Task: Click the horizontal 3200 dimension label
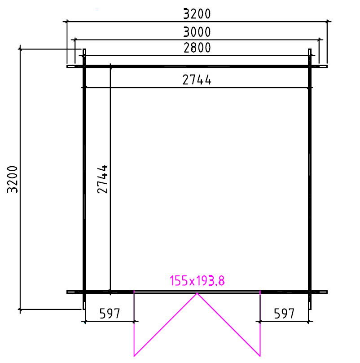point(197,13)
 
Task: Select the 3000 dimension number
point(197,32)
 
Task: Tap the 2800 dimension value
point(197,48)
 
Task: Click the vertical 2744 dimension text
point(102,179)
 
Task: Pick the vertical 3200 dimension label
point(12,179)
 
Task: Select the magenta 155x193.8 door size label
point(197,281)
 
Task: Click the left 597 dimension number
point(110,314)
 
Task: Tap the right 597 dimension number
point(284,314)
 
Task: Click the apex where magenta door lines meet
point(197,293)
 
